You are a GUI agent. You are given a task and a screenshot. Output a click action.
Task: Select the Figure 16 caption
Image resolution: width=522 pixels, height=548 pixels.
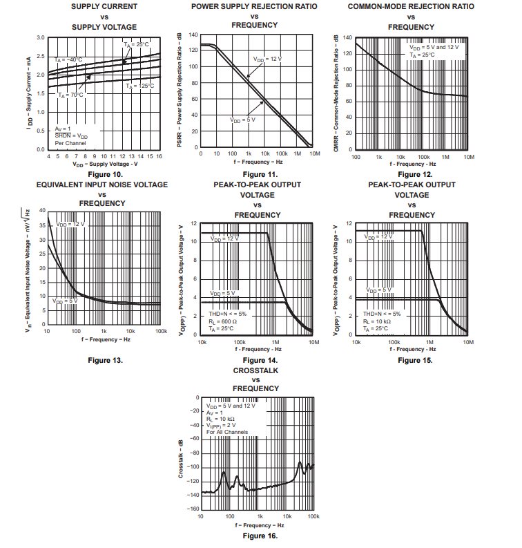260,536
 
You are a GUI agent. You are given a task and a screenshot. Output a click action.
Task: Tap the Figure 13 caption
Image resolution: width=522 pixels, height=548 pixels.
105,360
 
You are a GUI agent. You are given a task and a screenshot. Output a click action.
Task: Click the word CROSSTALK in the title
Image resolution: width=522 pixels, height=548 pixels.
255,370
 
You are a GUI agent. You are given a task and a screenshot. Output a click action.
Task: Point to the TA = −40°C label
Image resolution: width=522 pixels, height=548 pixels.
69,59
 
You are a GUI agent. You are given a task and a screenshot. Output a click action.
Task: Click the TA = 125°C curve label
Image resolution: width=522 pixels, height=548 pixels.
139,86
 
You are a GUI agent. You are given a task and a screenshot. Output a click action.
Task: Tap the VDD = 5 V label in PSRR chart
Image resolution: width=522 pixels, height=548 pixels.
242,120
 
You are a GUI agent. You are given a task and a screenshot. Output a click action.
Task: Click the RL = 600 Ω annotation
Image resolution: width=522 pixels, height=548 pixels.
222,321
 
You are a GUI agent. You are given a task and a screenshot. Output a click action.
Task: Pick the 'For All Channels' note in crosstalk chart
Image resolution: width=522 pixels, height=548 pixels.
226,432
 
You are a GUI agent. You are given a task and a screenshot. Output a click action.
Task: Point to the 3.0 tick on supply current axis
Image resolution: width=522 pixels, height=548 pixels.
40,37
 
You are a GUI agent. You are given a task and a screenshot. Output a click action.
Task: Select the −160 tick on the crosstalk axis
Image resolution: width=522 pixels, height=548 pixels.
193,509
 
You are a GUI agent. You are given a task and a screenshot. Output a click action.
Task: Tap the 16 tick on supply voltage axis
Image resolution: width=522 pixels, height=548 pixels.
159,156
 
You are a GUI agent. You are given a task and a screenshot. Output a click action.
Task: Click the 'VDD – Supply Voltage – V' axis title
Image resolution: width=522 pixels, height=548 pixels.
105,164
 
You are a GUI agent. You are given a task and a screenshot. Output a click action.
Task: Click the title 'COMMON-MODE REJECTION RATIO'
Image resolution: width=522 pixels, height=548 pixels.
411,6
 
